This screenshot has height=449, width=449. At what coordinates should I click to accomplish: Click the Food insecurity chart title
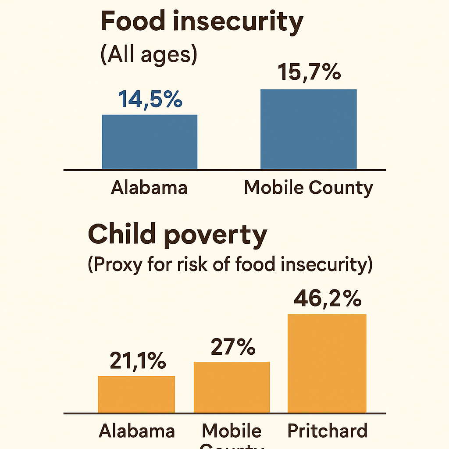pyautogui.click(x=201, y=22)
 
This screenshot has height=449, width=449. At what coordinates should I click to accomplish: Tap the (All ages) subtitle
pyautogui.click(x=149, y=56)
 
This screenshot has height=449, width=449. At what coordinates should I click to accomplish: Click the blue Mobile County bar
pyautogui.click(x=308, y=129)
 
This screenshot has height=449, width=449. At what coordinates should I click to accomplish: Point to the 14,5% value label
pyautogui.click(x=150, y=100)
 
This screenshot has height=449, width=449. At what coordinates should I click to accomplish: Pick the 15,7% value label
pyautogui.click(x=310, y=73)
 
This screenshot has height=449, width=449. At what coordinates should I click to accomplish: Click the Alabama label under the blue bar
pyautogui.click(x=149, y=188)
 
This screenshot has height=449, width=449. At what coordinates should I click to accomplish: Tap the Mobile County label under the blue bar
pyautogui.click(x=308, y=188)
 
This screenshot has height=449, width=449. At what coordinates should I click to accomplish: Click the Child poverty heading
pyautogui.click(x=177, y=235)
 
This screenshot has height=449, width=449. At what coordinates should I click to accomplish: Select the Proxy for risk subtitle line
pyautogui.click(x=230, y=265)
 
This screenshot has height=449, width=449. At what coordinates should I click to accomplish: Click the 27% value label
pyautogui.click(x=233, y=347)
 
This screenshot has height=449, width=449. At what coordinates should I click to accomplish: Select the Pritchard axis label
pyautogui.click(x=327, y=431)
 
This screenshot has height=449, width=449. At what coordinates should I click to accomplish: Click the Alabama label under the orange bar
pyautogui.click(x=137, y=431)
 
